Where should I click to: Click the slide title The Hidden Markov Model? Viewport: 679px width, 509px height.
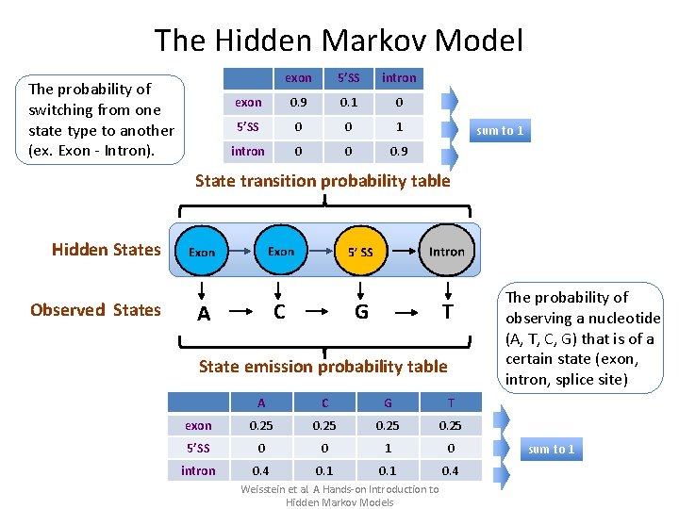click(339, 41)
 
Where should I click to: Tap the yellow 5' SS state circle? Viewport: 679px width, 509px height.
click(360, 251)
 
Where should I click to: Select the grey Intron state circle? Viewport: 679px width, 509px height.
click(446, 251)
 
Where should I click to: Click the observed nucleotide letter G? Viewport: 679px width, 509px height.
click(361, 311)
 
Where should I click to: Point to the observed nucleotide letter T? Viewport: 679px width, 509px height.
click(448, 311)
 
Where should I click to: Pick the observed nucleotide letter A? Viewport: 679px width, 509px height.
click(203, 314)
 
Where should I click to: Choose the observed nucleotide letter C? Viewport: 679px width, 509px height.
click(279, 311)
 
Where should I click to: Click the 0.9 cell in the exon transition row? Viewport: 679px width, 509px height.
click(298, 102)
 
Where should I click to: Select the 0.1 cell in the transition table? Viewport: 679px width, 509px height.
click(348, 102)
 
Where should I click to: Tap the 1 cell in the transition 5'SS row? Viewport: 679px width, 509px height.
click(399, 126)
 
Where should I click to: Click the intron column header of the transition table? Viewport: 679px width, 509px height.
click(399, 77)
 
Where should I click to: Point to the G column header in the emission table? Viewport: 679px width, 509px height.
click(387, 402)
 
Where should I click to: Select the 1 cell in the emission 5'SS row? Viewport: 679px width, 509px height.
click(387, 448)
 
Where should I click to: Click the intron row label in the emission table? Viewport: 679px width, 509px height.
click(198, 470)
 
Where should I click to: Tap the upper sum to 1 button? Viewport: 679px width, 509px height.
click(500, 130)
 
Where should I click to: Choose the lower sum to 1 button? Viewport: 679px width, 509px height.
click(552, 449)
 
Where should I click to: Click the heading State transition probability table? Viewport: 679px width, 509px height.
click(323, 181)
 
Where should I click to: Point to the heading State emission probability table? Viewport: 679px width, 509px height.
click(323, 367)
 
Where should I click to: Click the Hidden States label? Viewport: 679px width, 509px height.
click(107, 250)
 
